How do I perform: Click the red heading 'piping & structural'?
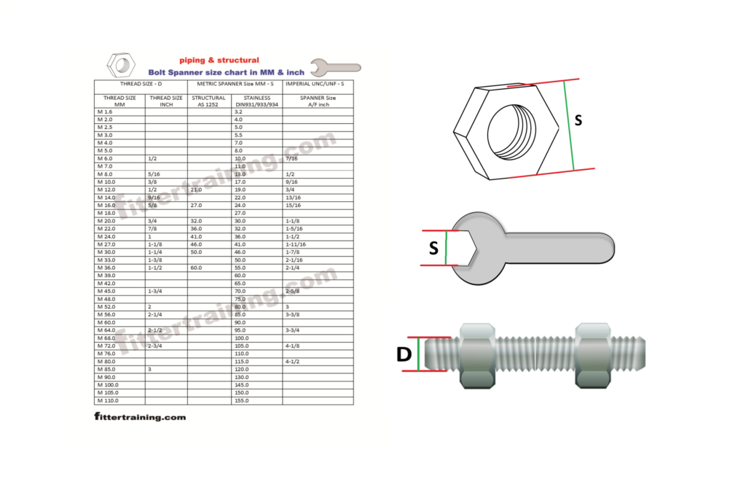tap(219, 61)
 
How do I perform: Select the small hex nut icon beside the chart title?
tap(120, 65)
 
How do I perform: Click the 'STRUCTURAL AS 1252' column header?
tap(208, 101)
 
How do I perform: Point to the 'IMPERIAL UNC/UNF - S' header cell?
tap(318, 85)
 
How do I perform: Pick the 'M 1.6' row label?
tap(105, 112)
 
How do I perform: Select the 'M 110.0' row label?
tap(108, 400)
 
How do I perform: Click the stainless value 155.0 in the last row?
tap(241, 400)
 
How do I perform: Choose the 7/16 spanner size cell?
tap(291, 158)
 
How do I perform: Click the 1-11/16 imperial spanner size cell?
tap(297, 245)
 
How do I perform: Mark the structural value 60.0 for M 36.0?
tap(197, 268)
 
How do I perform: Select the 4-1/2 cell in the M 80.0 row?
tap(293, 361)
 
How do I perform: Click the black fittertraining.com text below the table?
tap(140, 417)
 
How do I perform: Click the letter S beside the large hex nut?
tap(578, 120)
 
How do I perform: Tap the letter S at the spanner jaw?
tap(433, 248)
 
